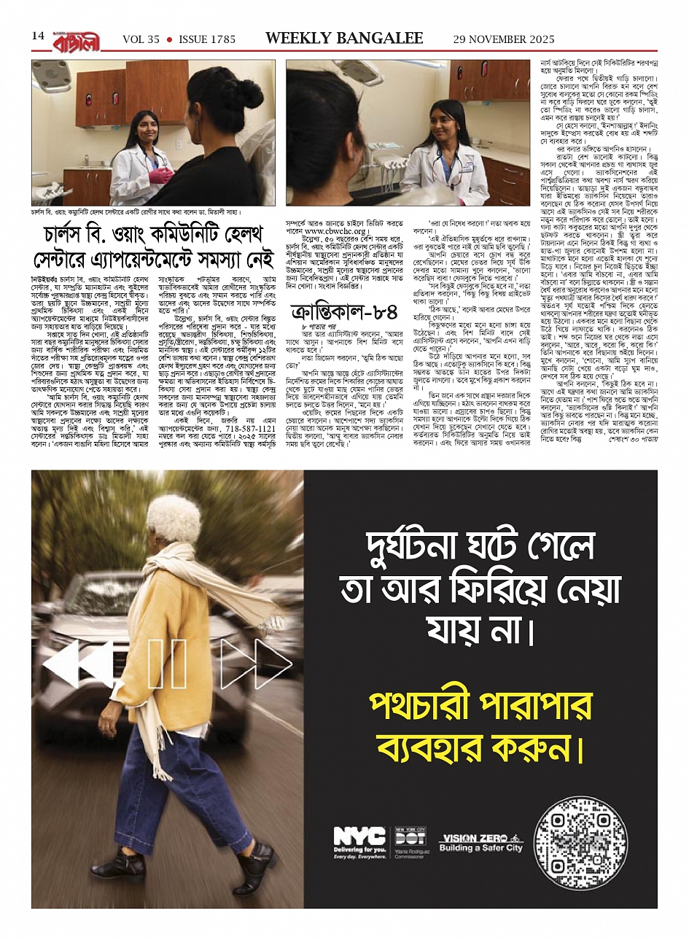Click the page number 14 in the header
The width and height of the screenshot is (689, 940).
[38, 36]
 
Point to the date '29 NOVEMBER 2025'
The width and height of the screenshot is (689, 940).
[503, 39]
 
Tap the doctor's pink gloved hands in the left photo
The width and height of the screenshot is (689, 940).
[160, 176]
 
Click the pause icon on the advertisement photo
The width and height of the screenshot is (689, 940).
[167, 664]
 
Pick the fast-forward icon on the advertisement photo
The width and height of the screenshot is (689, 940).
[255, 664]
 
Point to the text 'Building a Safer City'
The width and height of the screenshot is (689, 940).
[480, 849]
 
